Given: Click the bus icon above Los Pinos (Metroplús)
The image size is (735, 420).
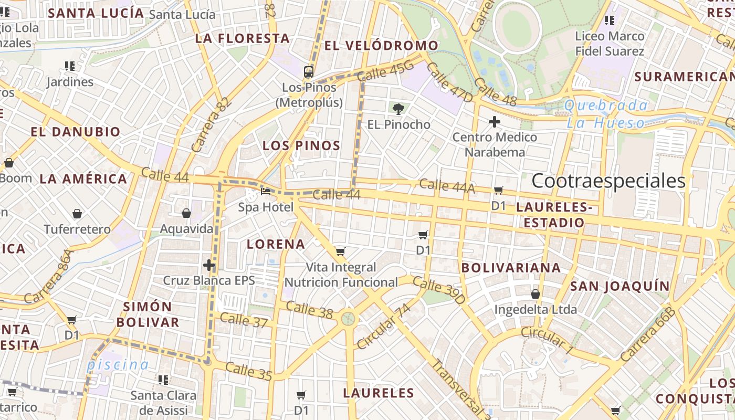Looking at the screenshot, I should pyautogui.click(x=309, y=72).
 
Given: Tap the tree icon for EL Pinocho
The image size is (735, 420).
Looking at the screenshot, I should pyautogui.click(x=398, y=109).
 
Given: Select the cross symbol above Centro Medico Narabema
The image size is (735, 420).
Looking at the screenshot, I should pyautogui.click(x=494, y=122).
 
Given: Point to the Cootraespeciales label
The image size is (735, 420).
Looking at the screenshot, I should pyautogui.click(x=608, y=181).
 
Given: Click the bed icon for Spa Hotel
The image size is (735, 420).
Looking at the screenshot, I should pyautogui.click(x=266, y=192).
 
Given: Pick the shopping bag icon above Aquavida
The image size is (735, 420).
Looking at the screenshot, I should pyautogui.click(x=186, y=213).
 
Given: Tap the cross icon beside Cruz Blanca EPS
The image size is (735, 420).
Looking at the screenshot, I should pyautogui.click(x=209, y=265).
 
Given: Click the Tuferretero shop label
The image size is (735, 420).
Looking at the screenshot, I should pyautogui.click(x=77, y=229).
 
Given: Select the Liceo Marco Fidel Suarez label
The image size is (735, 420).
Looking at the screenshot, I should pyautogui.click(x=610, y=44).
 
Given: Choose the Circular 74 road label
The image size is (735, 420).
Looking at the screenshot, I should pyautogui.click(x=383, y=326).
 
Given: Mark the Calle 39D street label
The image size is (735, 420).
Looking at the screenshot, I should pyautogui.click(x=439, y=290).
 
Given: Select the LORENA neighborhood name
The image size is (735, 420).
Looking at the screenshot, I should pyautogui.click(x=276, y=244).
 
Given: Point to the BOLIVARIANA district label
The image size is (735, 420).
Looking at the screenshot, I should pyautogui.click(x=511, y=268).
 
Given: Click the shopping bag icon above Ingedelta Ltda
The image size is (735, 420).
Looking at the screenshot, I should pyautogui.click(x=535, y=294).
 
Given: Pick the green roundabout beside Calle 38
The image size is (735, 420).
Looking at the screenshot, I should pyautogui.click(x=348, y=318).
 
